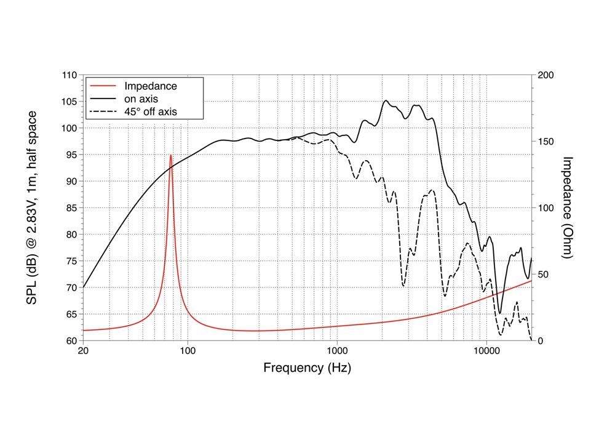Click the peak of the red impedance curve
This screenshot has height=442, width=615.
(x=170, y=155)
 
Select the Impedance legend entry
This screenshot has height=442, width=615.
(x=150, y=86)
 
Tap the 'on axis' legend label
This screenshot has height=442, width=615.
(x=142, y=98)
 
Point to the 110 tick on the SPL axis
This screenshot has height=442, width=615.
(x=69, y=75)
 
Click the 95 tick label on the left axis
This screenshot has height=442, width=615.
(x=71, y=155)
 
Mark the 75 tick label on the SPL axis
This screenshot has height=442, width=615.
(x=71, y=261)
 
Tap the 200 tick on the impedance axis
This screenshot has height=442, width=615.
(x=545, y=75)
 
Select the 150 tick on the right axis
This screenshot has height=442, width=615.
(x=545, y=142)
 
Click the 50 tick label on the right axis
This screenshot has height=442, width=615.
(x=542, y=275)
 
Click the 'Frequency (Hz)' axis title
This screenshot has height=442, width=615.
(x=307, y=368)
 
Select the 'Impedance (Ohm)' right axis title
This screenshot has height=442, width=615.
(x=568, y=207)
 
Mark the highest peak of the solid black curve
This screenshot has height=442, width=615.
(x=386, y=100)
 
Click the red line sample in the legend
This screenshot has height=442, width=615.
(x=103, y=86)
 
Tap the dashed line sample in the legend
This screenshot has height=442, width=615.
(x=103, y=111)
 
